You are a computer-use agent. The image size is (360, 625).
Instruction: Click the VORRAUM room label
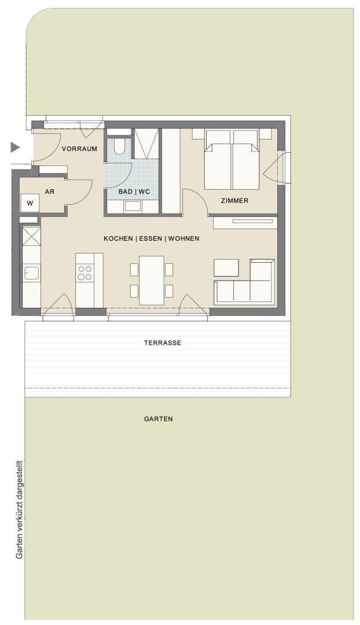click(79, 149)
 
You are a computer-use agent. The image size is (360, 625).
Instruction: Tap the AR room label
click(50, 192)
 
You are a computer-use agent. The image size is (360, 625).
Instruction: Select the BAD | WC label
click(134, 192)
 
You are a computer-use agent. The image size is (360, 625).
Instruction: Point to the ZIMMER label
click(235, 201)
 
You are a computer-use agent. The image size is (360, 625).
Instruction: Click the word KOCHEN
click(119, 238)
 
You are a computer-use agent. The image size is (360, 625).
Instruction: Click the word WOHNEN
click(184, 238)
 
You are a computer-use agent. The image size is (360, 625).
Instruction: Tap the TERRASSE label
click(163, 343)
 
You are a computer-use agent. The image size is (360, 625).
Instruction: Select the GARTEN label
click(159, 419)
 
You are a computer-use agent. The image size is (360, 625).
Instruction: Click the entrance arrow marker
click(14, 148)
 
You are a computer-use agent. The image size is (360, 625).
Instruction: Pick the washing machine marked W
click(30, 203)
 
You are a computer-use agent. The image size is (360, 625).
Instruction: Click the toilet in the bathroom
click(119, 146)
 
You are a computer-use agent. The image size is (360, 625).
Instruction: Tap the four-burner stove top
click(85, 273)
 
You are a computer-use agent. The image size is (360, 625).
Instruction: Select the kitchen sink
click(31, 273)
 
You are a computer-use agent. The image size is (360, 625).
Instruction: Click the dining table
click(152, 281)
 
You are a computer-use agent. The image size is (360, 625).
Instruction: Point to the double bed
click(232, 160)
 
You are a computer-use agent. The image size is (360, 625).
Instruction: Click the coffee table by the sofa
click(226, 268)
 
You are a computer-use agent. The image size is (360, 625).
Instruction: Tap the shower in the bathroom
click(146, 144)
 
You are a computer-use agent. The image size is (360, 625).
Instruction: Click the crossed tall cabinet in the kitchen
click(31, 236)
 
